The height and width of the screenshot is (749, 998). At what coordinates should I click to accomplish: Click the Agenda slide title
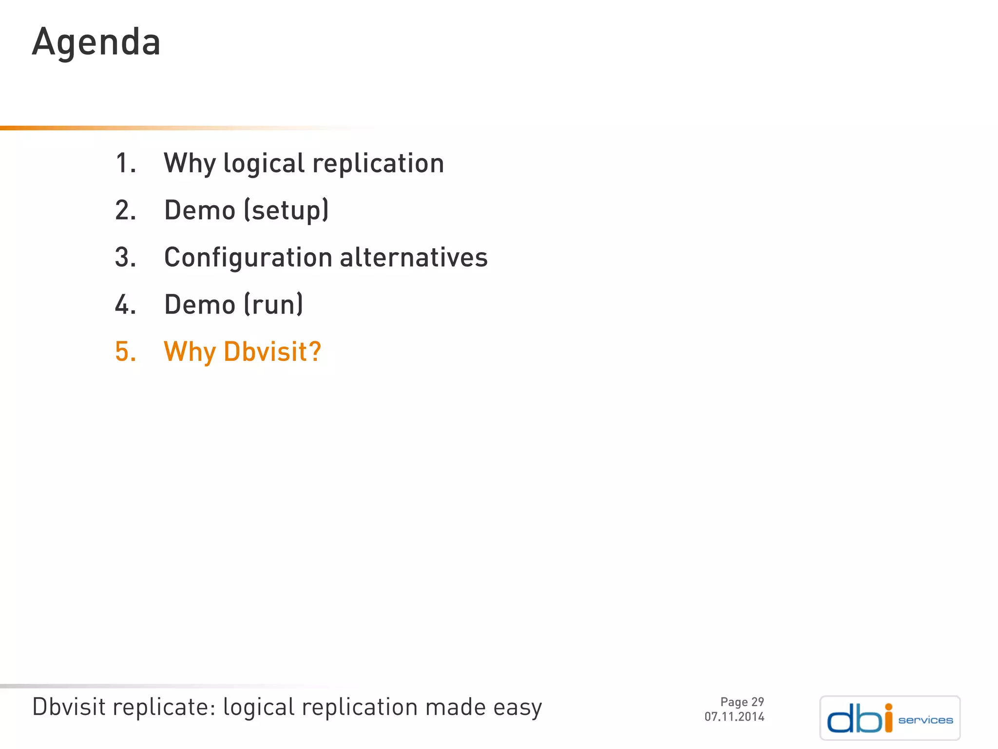[x=96, y=42]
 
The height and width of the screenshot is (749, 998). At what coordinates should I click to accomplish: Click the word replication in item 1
[x=378, y=163]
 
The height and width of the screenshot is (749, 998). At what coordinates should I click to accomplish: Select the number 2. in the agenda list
[x=126, y=211]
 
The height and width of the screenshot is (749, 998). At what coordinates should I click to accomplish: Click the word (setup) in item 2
[x=286, y=211]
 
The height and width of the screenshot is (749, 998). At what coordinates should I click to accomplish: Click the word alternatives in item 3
[x=413, y=257]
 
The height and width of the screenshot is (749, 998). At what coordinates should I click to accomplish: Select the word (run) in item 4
[x=273, y=305]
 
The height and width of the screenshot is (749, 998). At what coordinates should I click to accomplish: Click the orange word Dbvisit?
[x=272, y=352]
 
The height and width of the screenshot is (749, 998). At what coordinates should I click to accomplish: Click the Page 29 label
[x=742, y=702]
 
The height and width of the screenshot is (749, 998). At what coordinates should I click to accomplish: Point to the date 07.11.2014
[x=734, y=717]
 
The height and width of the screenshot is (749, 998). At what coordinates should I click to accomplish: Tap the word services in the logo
[x=925, y=720]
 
